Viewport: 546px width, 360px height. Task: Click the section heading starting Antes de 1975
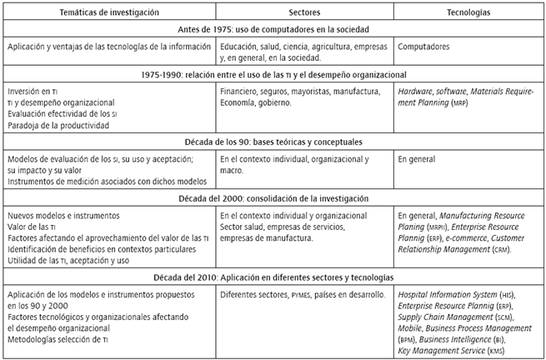273,31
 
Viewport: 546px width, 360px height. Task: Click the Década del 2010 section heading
273,277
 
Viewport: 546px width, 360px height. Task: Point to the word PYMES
313,295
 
